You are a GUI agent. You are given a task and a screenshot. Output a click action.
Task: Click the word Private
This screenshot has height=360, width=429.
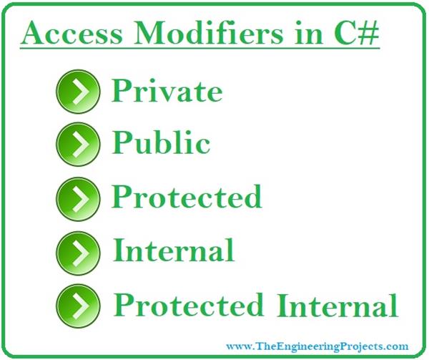coord(167,91)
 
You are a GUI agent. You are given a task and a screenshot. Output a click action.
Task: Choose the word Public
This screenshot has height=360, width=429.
coord(161,143)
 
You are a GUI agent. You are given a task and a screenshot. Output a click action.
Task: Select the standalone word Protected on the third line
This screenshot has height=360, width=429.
coord(187,196)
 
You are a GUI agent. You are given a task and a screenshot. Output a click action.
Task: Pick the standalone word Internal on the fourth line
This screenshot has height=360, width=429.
coord(174,250)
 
